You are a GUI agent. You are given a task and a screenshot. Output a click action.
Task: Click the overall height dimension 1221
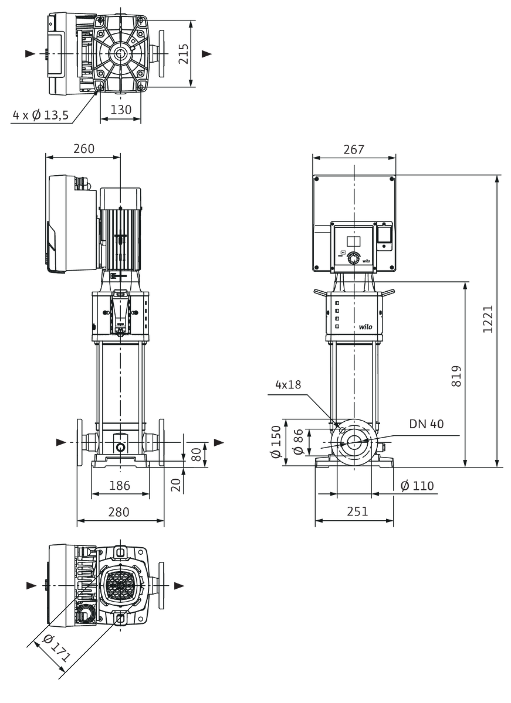click(x=488, y=319)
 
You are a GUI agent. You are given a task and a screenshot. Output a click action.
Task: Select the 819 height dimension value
click(x=456, y=376)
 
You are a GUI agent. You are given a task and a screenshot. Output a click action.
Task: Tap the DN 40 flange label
click(x=426, y=424)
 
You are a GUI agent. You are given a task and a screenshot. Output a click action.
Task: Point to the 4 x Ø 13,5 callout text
click(x=40, y=115)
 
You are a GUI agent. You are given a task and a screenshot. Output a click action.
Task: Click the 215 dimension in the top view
click(x=183, y=54)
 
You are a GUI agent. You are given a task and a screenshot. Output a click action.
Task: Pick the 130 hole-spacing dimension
click(x=121, y=110)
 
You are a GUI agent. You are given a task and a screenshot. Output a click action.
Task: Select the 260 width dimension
click(x=84, y=148)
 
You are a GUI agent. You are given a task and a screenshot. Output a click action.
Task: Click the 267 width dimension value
click(x=354, y=149)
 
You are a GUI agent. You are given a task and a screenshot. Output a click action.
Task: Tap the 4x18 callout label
click(x=288, y=384)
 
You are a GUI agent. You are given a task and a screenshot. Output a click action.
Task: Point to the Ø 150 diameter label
click(x=276, y=442)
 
